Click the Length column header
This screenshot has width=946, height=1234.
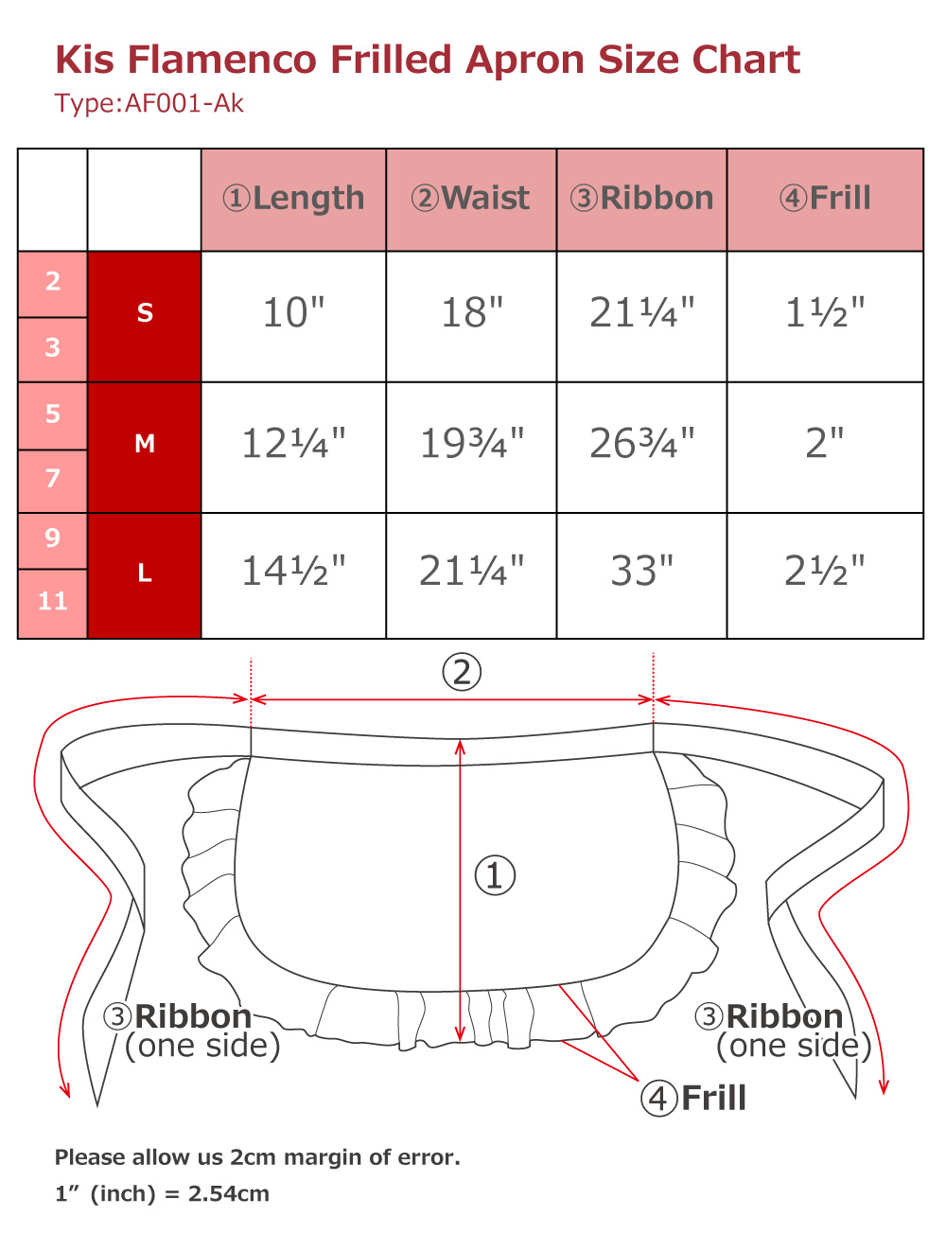293,199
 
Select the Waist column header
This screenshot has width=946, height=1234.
470,199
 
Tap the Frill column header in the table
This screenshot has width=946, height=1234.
824,199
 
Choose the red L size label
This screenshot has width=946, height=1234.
144,574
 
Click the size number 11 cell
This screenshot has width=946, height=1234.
52,603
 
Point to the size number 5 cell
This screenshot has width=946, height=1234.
52,415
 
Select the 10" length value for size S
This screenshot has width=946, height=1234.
293,313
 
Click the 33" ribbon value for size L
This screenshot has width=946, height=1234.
641,571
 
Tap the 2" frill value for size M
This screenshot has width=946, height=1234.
824,443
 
